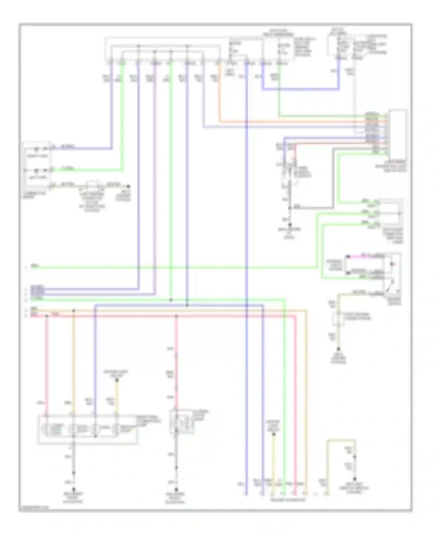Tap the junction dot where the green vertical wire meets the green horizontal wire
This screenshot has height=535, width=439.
coord(171,300)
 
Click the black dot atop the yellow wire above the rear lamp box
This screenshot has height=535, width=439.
coord(116,380)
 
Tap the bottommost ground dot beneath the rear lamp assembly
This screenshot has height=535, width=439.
coord(73,489)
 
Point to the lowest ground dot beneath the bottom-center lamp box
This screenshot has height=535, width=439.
coord(176,489)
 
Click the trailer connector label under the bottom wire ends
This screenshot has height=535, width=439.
coord(288,500)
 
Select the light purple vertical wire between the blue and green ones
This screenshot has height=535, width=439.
coord(155,176)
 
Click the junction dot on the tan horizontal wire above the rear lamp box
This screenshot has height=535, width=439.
coord(73,310)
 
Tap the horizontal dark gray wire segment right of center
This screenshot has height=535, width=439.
coord(310,208)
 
